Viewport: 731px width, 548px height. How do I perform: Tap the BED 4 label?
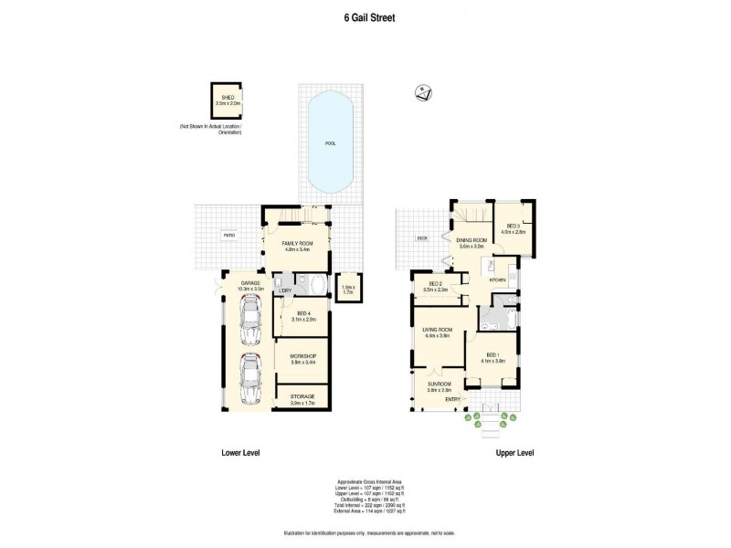coord(302,316)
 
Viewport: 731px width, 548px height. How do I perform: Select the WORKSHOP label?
coord(302,356)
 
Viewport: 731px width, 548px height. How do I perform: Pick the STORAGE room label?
coord(302,396)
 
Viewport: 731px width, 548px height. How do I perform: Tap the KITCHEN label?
coord(497,281)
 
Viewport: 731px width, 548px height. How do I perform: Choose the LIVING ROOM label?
coord(438,330)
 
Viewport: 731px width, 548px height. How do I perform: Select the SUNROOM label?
coord(439,385)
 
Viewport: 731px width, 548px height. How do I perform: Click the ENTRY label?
coord(453,399)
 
